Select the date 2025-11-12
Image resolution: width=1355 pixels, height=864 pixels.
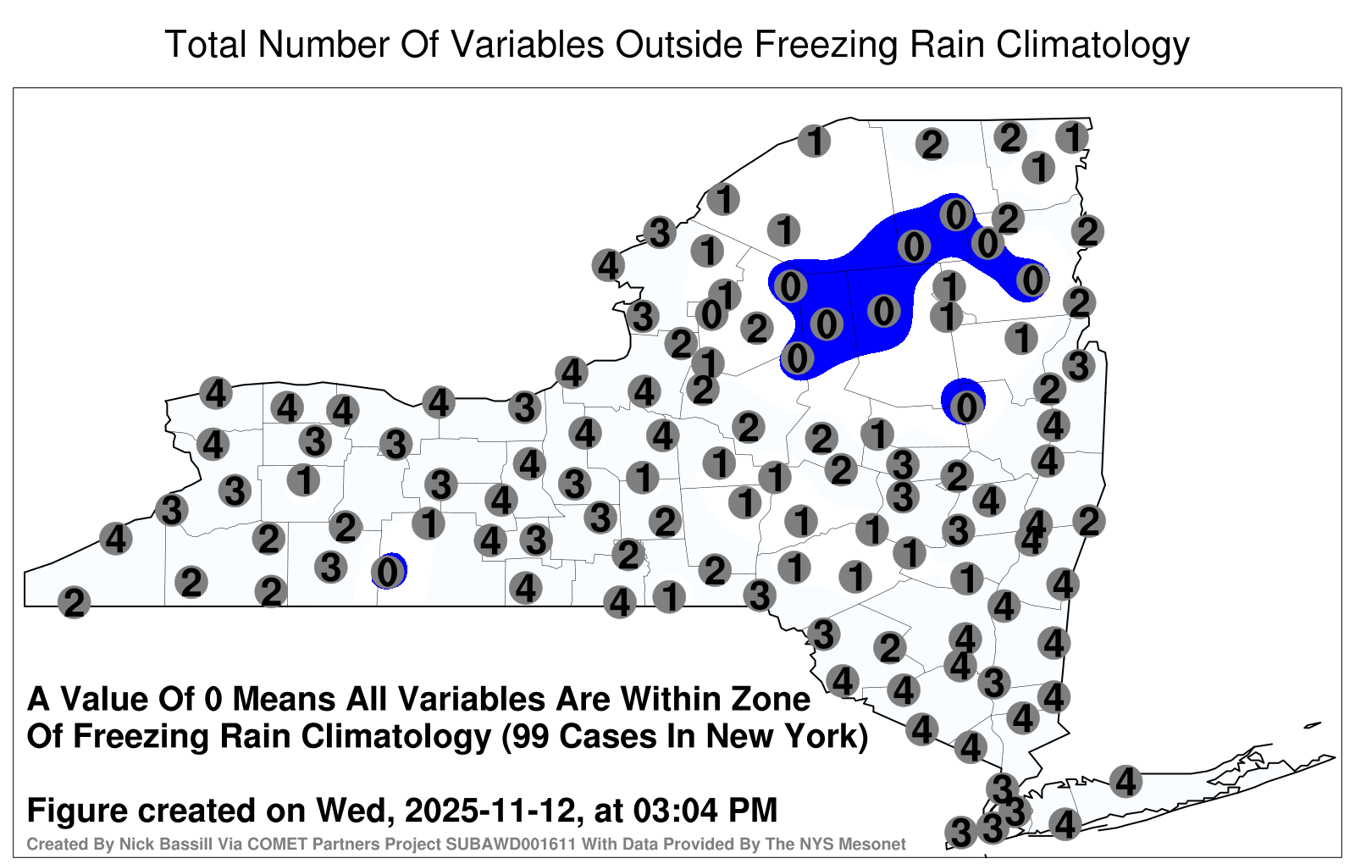pos(490,811)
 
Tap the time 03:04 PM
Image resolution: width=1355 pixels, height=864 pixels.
pos(705,811)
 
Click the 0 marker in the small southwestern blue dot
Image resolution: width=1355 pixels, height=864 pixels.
pos(388,571)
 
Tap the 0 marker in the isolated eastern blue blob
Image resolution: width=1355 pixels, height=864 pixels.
pos(966,407)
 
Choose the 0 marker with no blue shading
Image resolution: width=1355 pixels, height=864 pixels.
pos(711,314)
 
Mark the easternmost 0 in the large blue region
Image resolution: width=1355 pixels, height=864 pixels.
pos(1032,280)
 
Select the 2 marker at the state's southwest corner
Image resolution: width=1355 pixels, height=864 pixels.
pos(74,602)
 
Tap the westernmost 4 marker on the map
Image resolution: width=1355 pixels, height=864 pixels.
pos(115,538)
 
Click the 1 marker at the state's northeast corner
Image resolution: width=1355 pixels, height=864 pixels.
pos(1072,137)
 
